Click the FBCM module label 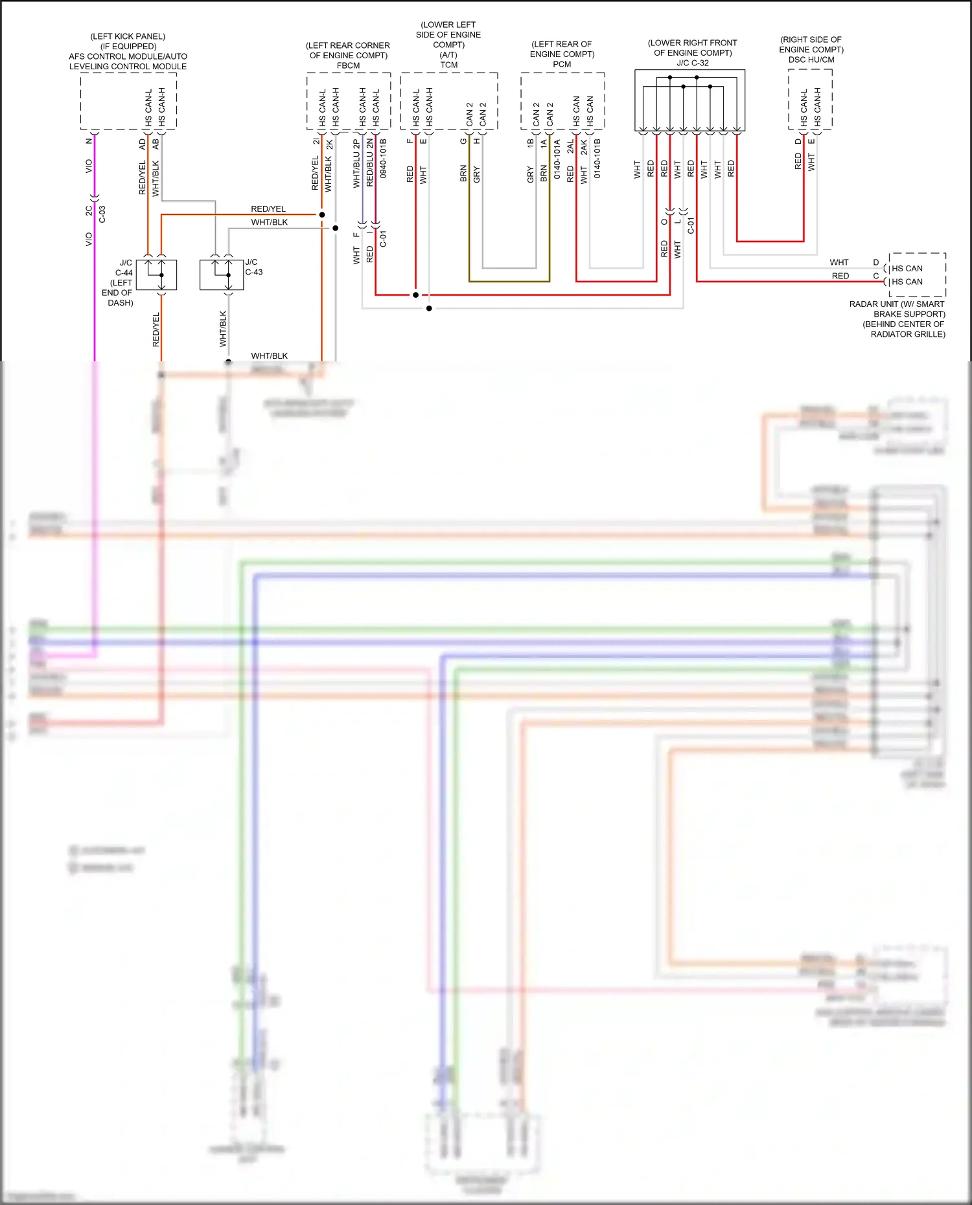[x=348, y=65]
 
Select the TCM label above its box [x=448, y=65]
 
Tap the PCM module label [x=562, y=64]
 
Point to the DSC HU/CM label [x=811, y=60]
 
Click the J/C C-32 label [x=692, y=63]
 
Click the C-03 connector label [x=102, y=214]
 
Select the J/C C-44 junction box [x=156, y=275]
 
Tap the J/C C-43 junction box [x=222, y=274]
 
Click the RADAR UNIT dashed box [x=917, y=275]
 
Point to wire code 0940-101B [x=383, y=159]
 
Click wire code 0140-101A [x=557, y=159]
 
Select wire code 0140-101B [x=597, y=159]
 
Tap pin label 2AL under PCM [x=570, y=146]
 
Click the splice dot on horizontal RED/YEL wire [x=322, y=214]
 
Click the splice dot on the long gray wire [x=429, y=308]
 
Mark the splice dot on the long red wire [x=415, y=295]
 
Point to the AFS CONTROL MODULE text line [x=128, y=56]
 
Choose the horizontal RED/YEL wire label [x=268, y=208]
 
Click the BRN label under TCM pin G [x=463, y=174]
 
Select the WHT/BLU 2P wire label [x=356, y=164]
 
